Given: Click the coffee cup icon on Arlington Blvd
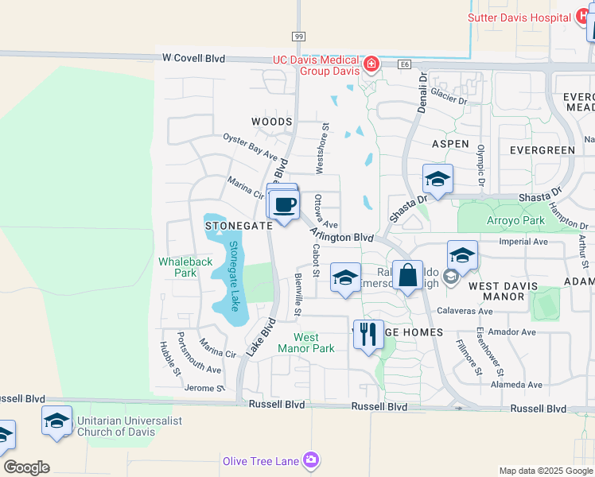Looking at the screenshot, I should pyautogui.click(x=284, y=205).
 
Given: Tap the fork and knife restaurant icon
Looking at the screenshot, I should pyautogui.click(x=367, y=333).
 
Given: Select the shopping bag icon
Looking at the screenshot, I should pyautogui.click(x=407, y=275).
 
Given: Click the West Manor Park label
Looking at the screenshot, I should pyautogui.click(x=307, y=343).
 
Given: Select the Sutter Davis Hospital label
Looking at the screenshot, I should pyautogui.click(x=519, y=17).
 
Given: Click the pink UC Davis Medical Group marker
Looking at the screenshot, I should pyautogui.click(x=370, y=64).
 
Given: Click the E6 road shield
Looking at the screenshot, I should pyautogui.click(x=406, y=65).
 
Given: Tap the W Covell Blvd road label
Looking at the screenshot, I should pyautogui.click(x=193, y=58).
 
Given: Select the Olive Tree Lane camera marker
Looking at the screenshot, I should pyautogui.click(x=311, y=460).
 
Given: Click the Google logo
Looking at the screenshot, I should pyautogui.click(x=26, y=467).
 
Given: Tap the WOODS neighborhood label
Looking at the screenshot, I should pyautogui.click(x=272, y=122).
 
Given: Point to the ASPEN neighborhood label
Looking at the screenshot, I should pyautogui.click(x=450, y=143).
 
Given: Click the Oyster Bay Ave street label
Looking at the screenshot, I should pyautogui.click(x=250, y=145).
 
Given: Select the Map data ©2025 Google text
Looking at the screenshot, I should pyautogui.click(x=545, y=471).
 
